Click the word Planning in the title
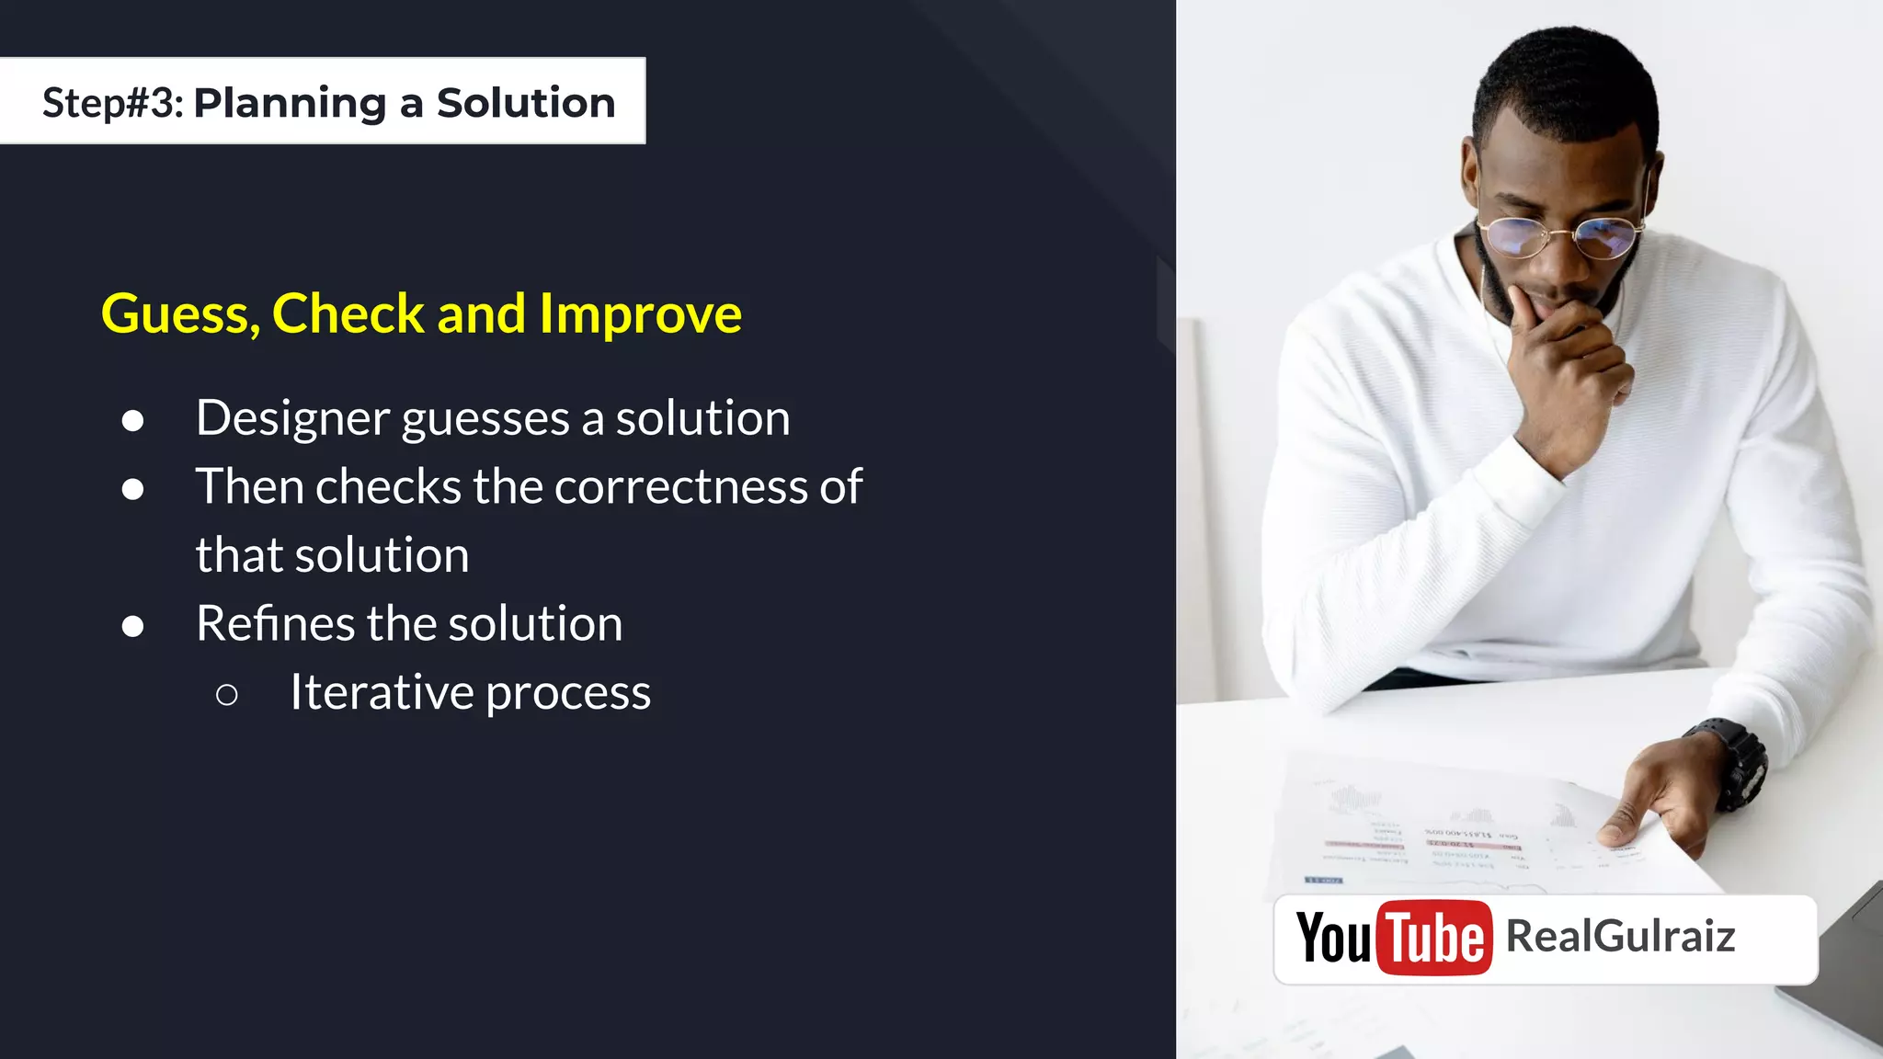click(290, 103)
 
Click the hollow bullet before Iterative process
click(226, 695)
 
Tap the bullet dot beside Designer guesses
click(132, 421)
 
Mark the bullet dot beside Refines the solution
click(132, 627)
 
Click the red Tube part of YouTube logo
click(1433, 939)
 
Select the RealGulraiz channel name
click(1620, 937)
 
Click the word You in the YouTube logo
click(1333, 939)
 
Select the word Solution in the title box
click(525, 103)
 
